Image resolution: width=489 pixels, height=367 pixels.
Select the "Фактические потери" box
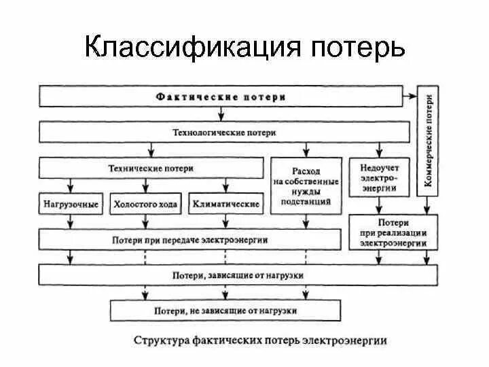[220, 96]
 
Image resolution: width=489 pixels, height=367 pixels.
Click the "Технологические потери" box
[224, 133]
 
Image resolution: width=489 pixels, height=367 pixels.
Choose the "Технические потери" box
[151, 167]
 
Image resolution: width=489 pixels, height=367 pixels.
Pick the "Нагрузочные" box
[71, 203]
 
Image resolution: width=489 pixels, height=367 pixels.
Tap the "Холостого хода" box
[145, 203]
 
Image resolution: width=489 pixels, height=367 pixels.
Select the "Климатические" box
[225, 203]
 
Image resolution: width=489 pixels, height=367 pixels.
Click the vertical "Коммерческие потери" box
[428, 141]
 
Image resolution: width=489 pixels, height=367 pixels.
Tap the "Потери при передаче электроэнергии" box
[189, 239]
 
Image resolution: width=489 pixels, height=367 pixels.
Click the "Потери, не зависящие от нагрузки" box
[225, 310]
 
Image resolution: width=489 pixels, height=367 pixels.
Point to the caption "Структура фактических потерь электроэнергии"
[261, 338]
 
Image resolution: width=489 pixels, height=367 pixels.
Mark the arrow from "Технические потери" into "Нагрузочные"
[71, 185]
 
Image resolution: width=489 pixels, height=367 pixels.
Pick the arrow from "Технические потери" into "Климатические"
[225, 185]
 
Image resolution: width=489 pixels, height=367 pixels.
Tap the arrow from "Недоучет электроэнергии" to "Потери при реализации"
[375, 205]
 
